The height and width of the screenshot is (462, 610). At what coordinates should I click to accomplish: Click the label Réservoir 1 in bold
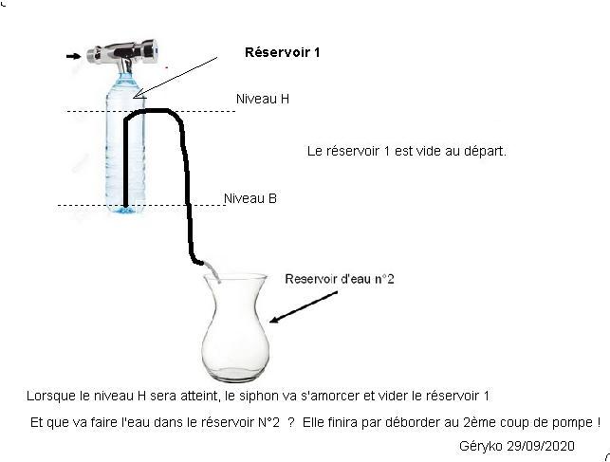282,53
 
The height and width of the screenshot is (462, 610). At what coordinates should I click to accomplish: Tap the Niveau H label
263,98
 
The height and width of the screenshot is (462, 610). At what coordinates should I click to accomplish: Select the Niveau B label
250,198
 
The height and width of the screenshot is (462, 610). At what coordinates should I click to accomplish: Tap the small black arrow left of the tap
73,57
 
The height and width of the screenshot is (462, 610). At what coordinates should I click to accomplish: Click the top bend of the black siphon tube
157,113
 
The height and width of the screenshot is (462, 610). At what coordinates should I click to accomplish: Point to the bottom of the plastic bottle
125,208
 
